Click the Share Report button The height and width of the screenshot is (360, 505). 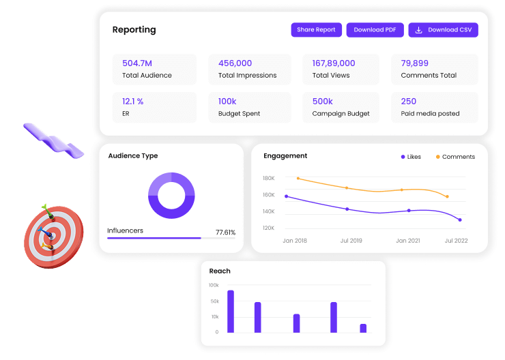(x=316, y=30)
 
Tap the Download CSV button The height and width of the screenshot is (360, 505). (x=443, y=30)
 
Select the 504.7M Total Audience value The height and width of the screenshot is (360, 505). (x=137, y=63)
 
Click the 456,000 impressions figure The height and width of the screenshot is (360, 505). (x=235, y=63)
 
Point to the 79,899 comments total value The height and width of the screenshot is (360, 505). (x=415, y=63)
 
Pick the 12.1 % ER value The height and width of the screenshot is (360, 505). (x=132, y=102)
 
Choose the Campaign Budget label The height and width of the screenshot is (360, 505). (x=341, y=114)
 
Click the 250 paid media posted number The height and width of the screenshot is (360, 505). (x=409, y=102)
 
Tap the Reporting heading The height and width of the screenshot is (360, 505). (x=134, y=30)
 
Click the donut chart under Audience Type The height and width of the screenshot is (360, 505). (x=171, y=196)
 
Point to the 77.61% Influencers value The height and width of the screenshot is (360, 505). (x=225, y=232)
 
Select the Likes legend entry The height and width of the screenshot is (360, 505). (x=411, y=157)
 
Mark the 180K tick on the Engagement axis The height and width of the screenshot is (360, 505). (x=268, y=179)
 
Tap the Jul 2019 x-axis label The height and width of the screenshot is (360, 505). (x=351, y=241)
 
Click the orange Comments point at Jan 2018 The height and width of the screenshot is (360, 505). (x=298, y=179)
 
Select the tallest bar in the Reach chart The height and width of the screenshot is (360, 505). (x=231, y=312)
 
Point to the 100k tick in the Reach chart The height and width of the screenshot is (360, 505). (x=214, y=285)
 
